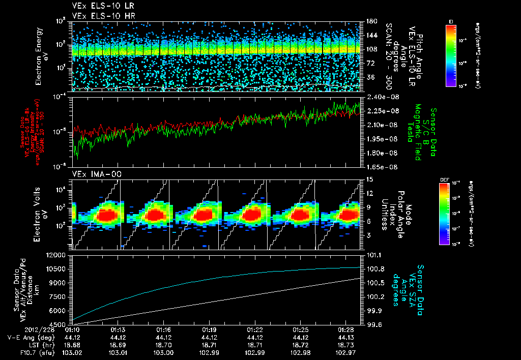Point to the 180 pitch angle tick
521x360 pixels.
368,21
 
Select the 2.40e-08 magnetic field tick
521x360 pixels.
377,97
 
